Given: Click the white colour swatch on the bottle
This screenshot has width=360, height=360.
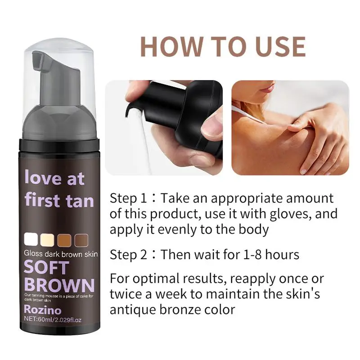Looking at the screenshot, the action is (31, 239).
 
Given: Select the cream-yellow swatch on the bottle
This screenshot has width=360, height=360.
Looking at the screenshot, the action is (47, 239).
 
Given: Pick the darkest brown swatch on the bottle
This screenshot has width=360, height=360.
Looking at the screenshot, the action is (81, 240).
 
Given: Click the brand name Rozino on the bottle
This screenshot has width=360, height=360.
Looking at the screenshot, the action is (43, 310).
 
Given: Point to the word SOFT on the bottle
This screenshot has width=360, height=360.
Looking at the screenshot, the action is (46, 267).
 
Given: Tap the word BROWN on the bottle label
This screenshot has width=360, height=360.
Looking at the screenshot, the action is (59, 285).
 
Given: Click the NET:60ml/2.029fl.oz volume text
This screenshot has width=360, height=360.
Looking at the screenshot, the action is (53, 319).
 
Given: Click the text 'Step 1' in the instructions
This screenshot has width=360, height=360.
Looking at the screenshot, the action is (128, 198).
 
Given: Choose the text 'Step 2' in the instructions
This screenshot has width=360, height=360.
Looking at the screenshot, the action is (128, 255).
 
